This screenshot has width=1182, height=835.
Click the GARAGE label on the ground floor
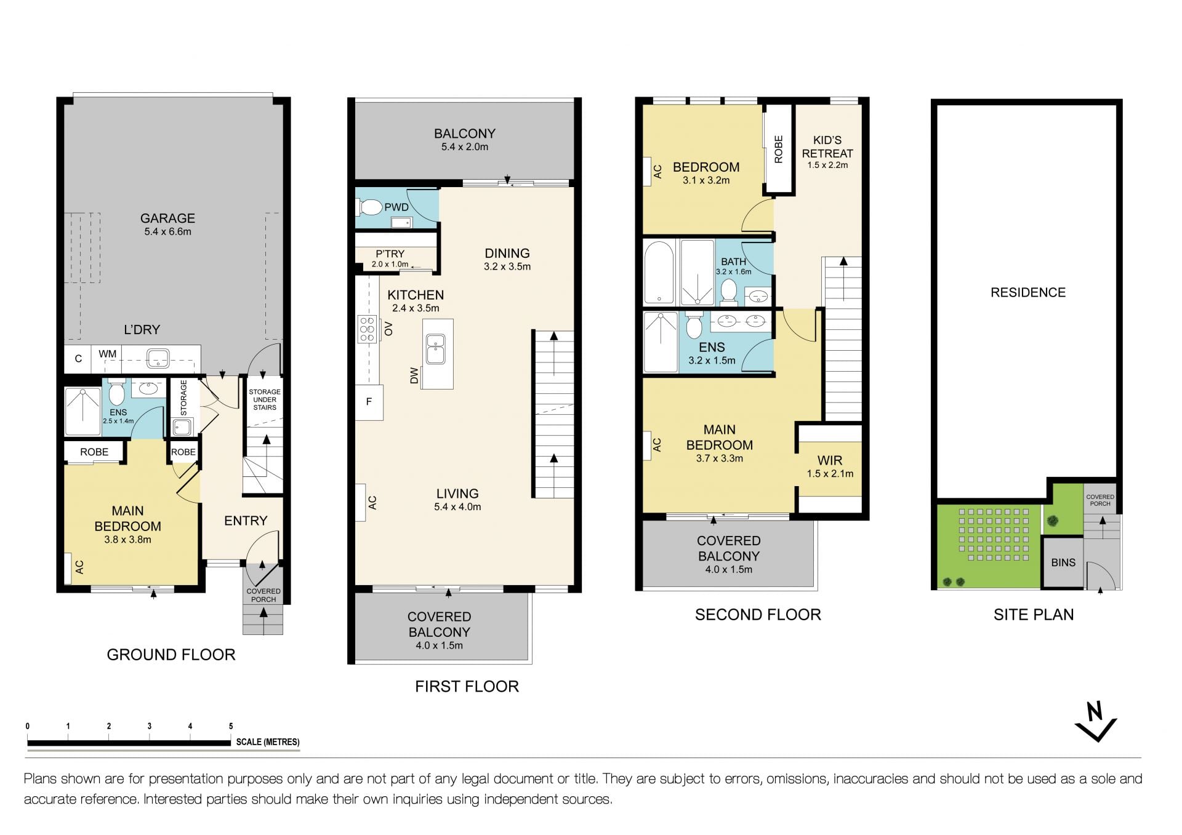(167, 218)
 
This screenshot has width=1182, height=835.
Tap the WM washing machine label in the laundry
(108, 354)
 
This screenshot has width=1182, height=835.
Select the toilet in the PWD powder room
(369, 207)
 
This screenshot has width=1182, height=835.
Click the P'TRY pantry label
(390, 254)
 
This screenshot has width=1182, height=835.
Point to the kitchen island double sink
(436, 349)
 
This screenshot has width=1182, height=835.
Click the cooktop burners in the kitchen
(368, 329)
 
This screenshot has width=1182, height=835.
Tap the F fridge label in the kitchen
(369, 402)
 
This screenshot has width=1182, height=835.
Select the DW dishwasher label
(414, 375)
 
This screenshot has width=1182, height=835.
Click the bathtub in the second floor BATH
(659, 273)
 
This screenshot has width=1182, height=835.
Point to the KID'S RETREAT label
(827, 146)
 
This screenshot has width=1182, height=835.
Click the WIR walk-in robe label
(830, 460)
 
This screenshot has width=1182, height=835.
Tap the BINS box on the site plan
(1063, 562)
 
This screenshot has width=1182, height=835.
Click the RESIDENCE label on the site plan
(1028, 292)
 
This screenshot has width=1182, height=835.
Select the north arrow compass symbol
(1096, 721)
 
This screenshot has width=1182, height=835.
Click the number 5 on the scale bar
(231, 726)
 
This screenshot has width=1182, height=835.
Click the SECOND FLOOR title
(758, 615)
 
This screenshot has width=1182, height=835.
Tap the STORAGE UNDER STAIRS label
(265, 399)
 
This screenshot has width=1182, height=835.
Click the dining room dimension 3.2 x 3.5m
(507, 266)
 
